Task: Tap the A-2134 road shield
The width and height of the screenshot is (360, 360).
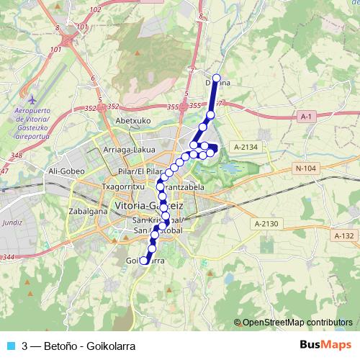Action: pyautogui.click(x=246, y=147)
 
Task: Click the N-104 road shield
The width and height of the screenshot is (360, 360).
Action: pyautogui.click(x=306, y=168)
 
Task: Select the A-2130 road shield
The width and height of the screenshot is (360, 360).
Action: pyautogui.click(x=265, y=224)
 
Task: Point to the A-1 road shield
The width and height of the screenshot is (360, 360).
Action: pyautogui.click(x=306, y=116)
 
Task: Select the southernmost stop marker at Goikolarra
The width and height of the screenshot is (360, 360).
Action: pyautogui.click(x=144, y=261)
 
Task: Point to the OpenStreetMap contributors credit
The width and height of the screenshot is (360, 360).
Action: pyautogui.click(x=297, y=323)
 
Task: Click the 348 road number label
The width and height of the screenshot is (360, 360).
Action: pyautogui.click(x=17, y=156)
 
